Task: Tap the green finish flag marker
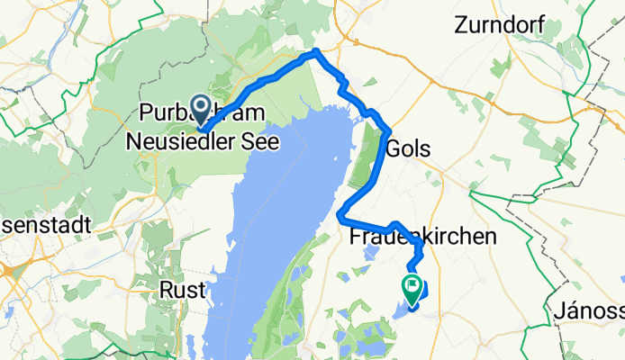[411, 288]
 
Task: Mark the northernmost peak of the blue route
[316, 52]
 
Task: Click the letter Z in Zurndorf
[464, 25]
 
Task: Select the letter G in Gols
[393, 149]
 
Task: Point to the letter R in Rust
[167, 291]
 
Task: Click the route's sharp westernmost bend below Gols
[340, 215]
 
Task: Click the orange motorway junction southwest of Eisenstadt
[7, 271]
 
